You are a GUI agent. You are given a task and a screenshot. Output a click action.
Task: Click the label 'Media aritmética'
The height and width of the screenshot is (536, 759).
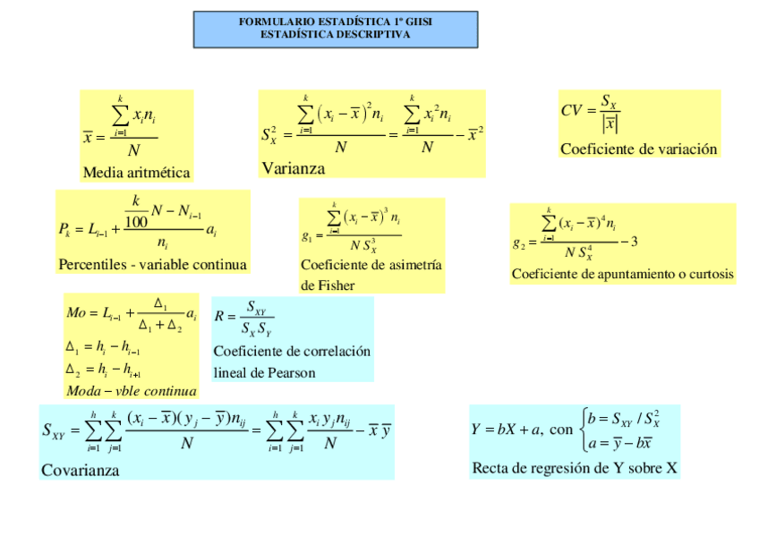136,173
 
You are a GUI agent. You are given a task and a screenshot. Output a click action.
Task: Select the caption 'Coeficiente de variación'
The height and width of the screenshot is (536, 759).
638,149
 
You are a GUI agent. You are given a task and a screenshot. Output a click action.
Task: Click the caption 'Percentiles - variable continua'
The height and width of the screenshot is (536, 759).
152,265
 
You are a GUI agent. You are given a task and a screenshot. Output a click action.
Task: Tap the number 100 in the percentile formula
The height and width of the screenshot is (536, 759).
137,221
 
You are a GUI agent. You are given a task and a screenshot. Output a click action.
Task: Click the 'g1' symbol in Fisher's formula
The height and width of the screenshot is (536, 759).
307,238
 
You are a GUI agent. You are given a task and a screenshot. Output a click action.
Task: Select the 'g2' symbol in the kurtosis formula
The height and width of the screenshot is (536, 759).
519,242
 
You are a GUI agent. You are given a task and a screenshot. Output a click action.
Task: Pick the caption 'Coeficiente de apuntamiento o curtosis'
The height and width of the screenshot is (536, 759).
622,274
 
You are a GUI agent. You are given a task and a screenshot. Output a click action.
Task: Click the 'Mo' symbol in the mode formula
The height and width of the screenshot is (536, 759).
76,313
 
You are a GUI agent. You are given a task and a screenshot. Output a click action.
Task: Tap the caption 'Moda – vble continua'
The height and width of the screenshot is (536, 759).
131,391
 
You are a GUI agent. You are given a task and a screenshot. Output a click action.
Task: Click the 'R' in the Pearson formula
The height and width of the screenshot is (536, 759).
219,317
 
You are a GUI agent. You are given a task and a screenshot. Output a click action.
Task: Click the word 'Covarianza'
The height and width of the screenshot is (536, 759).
80,470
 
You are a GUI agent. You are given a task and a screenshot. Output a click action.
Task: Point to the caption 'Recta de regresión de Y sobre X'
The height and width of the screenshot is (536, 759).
574,468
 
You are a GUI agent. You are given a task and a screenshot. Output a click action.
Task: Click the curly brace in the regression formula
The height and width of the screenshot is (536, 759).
584,429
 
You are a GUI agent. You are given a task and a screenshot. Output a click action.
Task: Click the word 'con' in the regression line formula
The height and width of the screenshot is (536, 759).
561,430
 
